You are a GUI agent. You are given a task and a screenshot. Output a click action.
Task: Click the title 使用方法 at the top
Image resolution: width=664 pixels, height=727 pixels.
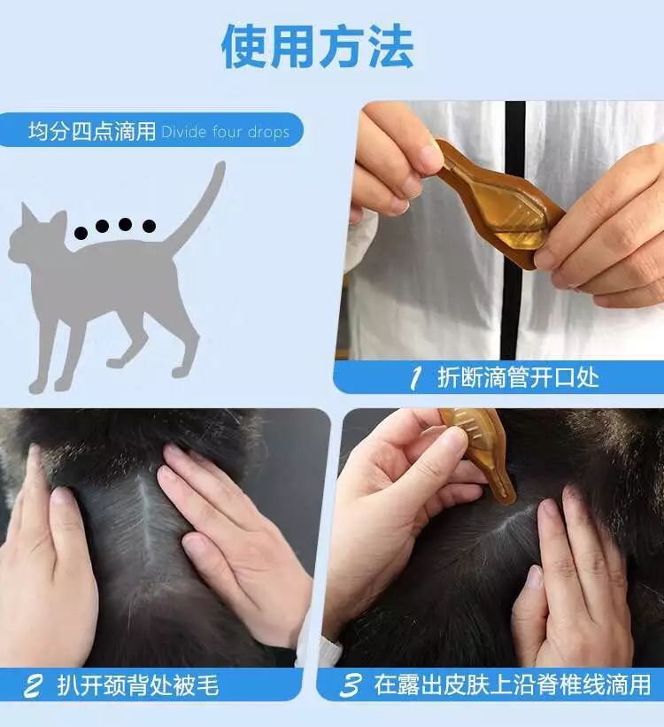pos(317,46)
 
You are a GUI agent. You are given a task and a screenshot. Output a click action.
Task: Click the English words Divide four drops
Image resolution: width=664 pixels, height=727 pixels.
pos(225,133)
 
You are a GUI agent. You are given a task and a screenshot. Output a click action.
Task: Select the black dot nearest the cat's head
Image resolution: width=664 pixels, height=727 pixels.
pos(81,234)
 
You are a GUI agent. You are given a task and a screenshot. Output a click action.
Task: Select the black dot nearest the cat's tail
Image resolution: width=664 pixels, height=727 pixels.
pos(149,226)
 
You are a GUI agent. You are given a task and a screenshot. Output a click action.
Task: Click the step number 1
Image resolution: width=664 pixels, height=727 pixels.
pos(414,379)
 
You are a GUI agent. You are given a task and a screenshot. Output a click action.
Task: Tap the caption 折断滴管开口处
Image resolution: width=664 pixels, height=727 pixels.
pos(518,378)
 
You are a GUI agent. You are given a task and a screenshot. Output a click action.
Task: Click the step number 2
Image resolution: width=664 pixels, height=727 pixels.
pos(33,685)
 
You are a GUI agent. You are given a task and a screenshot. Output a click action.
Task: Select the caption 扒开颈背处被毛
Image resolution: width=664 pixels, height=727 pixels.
pos(137,685)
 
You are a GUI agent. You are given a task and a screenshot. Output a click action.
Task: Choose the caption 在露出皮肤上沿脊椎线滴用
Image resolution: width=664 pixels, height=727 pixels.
pos(512,685)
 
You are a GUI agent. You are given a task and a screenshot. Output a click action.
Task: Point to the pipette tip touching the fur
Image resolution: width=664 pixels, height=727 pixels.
pos(507,498)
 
